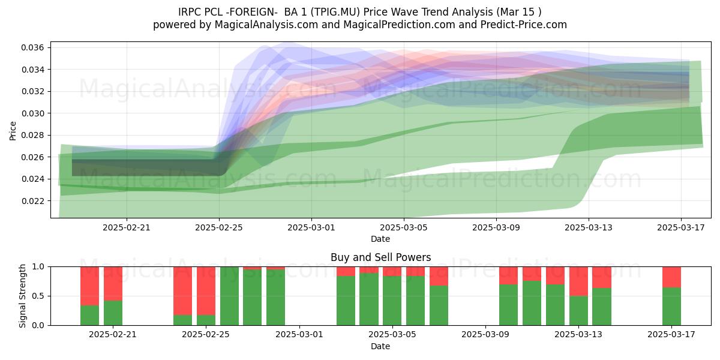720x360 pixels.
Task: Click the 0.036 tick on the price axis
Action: point(32,47)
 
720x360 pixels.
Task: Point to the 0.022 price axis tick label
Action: point(32,201)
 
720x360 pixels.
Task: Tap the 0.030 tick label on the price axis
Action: point(32,113)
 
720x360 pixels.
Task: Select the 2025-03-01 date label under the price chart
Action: point(311,227)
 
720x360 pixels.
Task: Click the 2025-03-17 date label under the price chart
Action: point(681,227)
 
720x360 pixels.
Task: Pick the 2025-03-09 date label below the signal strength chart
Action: point(485,334)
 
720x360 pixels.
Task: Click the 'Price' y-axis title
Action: point(13,131)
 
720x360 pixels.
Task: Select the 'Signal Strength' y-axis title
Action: point(22,296)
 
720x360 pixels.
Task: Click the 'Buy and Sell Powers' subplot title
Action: point(380,257)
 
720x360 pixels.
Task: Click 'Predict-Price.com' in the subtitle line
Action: point(524,25)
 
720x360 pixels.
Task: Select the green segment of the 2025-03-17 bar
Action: point(671,307)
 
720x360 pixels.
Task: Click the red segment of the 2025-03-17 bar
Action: point(671,277)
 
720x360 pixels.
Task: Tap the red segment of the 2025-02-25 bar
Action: point(206,291)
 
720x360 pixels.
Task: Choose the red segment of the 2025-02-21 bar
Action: point(113,284)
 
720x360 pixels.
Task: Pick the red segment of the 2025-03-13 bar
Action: point(578,281)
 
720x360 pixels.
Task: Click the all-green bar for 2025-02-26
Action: point(229,296)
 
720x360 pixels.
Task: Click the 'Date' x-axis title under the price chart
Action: point(380,239)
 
